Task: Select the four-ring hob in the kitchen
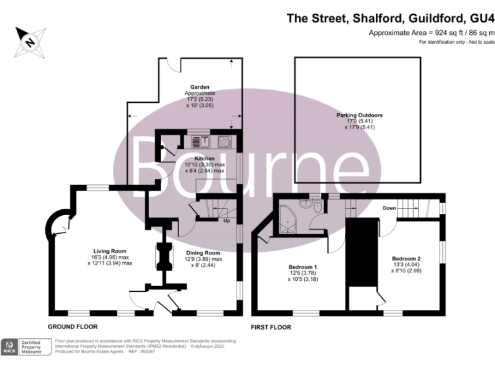pyautogui.click(x=226, y=142)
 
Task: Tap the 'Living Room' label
pyautogui.click(x=109, y=251)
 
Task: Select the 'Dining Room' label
pyautogui.click(x=203, y=252)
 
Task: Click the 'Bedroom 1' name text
pyautogui.click(x=302, y=266)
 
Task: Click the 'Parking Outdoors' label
pyautogui.click(x=359, y=115)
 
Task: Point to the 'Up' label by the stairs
pyautogui.click(x=226, y=222)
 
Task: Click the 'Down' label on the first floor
pyautogui.click(x=389, y=208)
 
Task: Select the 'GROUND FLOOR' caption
pyautogui.click(x=72, y=327)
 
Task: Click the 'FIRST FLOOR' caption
pyautogui.click(x=271, y=327)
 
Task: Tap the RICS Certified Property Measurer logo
pyautogui.click(x=26, y=347)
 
